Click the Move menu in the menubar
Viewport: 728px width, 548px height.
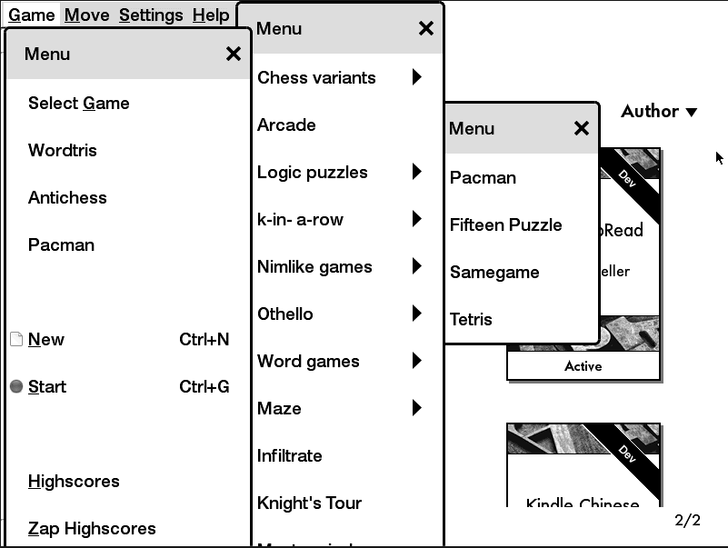[x=86, y=15]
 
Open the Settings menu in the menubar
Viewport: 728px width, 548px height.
[x=151, y=15]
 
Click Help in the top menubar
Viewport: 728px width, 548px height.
[x=211, y=15]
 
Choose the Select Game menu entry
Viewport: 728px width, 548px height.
[x=79, y=104]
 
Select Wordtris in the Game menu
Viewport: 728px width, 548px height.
[x=63, y=151]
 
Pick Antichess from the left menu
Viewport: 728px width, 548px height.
[x=67, y=198]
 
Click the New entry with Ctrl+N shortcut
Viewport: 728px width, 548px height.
[x=46, y=340]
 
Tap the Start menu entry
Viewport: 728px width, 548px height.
[x=47, y=387]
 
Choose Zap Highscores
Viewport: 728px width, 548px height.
[x=92, y=529]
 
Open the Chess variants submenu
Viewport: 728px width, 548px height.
[x=316, y=78]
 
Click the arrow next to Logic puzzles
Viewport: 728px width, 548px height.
[x=416, y=172]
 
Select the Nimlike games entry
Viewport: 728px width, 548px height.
[x=314, y=267]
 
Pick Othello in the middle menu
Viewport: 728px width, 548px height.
[x=285, y=314]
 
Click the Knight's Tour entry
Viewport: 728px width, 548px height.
[x=309, y=503]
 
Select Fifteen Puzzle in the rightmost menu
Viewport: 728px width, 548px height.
[x=505, y=225]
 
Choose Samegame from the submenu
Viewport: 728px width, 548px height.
[x=494, y=273]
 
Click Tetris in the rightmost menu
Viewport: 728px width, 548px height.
[x=471, y=320]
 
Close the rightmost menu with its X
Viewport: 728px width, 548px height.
[x=582, y=129]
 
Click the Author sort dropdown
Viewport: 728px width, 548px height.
[x=659, y=112]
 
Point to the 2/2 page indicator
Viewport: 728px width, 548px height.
[x=688, y=521]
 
